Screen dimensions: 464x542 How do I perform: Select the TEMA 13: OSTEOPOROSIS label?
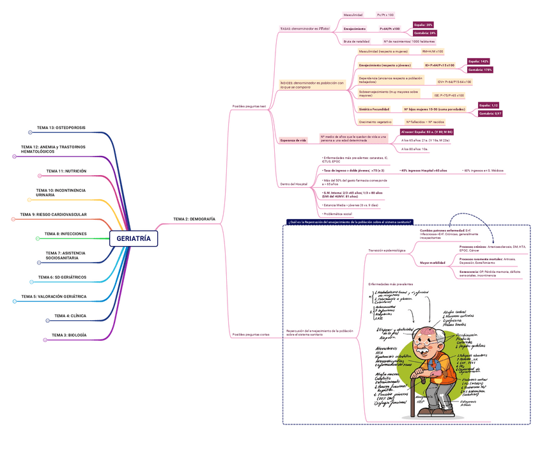61,128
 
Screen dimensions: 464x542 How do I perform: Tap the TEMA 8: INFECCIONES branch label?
66,234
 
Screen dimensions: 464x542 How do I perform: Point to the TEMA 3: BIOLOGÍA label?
69,335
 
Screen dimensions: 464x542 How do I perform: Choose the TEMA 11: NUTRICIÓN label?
66,171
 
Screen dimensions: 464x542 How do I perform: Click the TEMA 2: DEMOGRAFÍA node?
194,219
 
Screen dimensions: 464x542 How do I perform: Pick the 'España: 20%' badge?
423,24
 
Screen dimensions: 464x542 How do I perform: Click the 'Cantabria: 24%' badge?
425,33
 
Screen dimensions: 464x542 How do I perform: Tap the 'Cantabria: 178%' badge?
480,69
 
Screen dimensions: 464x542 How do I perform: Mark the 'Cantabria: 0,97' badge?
490,113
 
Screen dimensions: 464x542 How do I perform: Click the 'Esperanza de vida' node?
293,140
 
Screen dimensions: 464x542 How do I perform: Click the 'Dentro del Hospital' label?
294,184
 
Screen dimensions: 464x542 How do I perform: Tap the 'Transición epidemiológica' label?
387,250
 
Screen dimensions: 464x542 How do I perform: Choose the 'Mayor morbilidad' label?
433,263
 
